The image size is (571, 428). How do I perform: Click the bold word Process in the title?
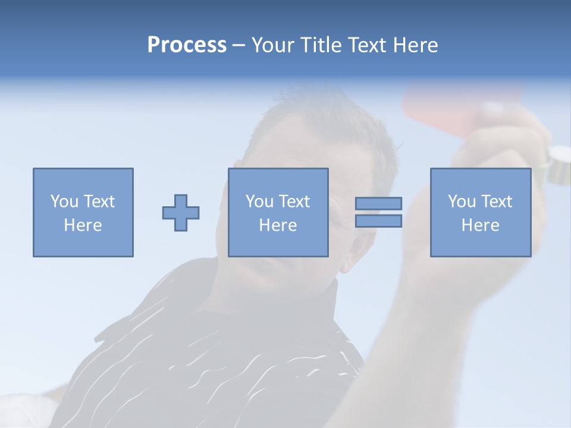pos(187,45)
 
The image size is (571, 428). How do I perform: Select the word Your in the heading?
pos(276,45)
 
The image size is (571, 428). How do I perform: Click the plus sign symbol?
pos(181,212)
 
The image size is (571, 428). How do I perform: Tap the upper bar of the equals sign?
pos(378,203)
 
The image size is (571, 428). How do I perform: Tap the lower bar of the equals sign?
pos(378,221)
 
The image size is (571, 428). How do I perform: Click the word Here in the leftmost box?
pos(83,225)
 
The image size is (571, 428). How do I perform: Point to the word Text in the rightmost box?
pos(497,202)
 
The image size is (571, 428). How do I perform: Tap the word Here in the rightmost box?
pos(480,225)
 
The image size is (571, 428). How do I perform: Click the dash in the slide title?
pos(239,45)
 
